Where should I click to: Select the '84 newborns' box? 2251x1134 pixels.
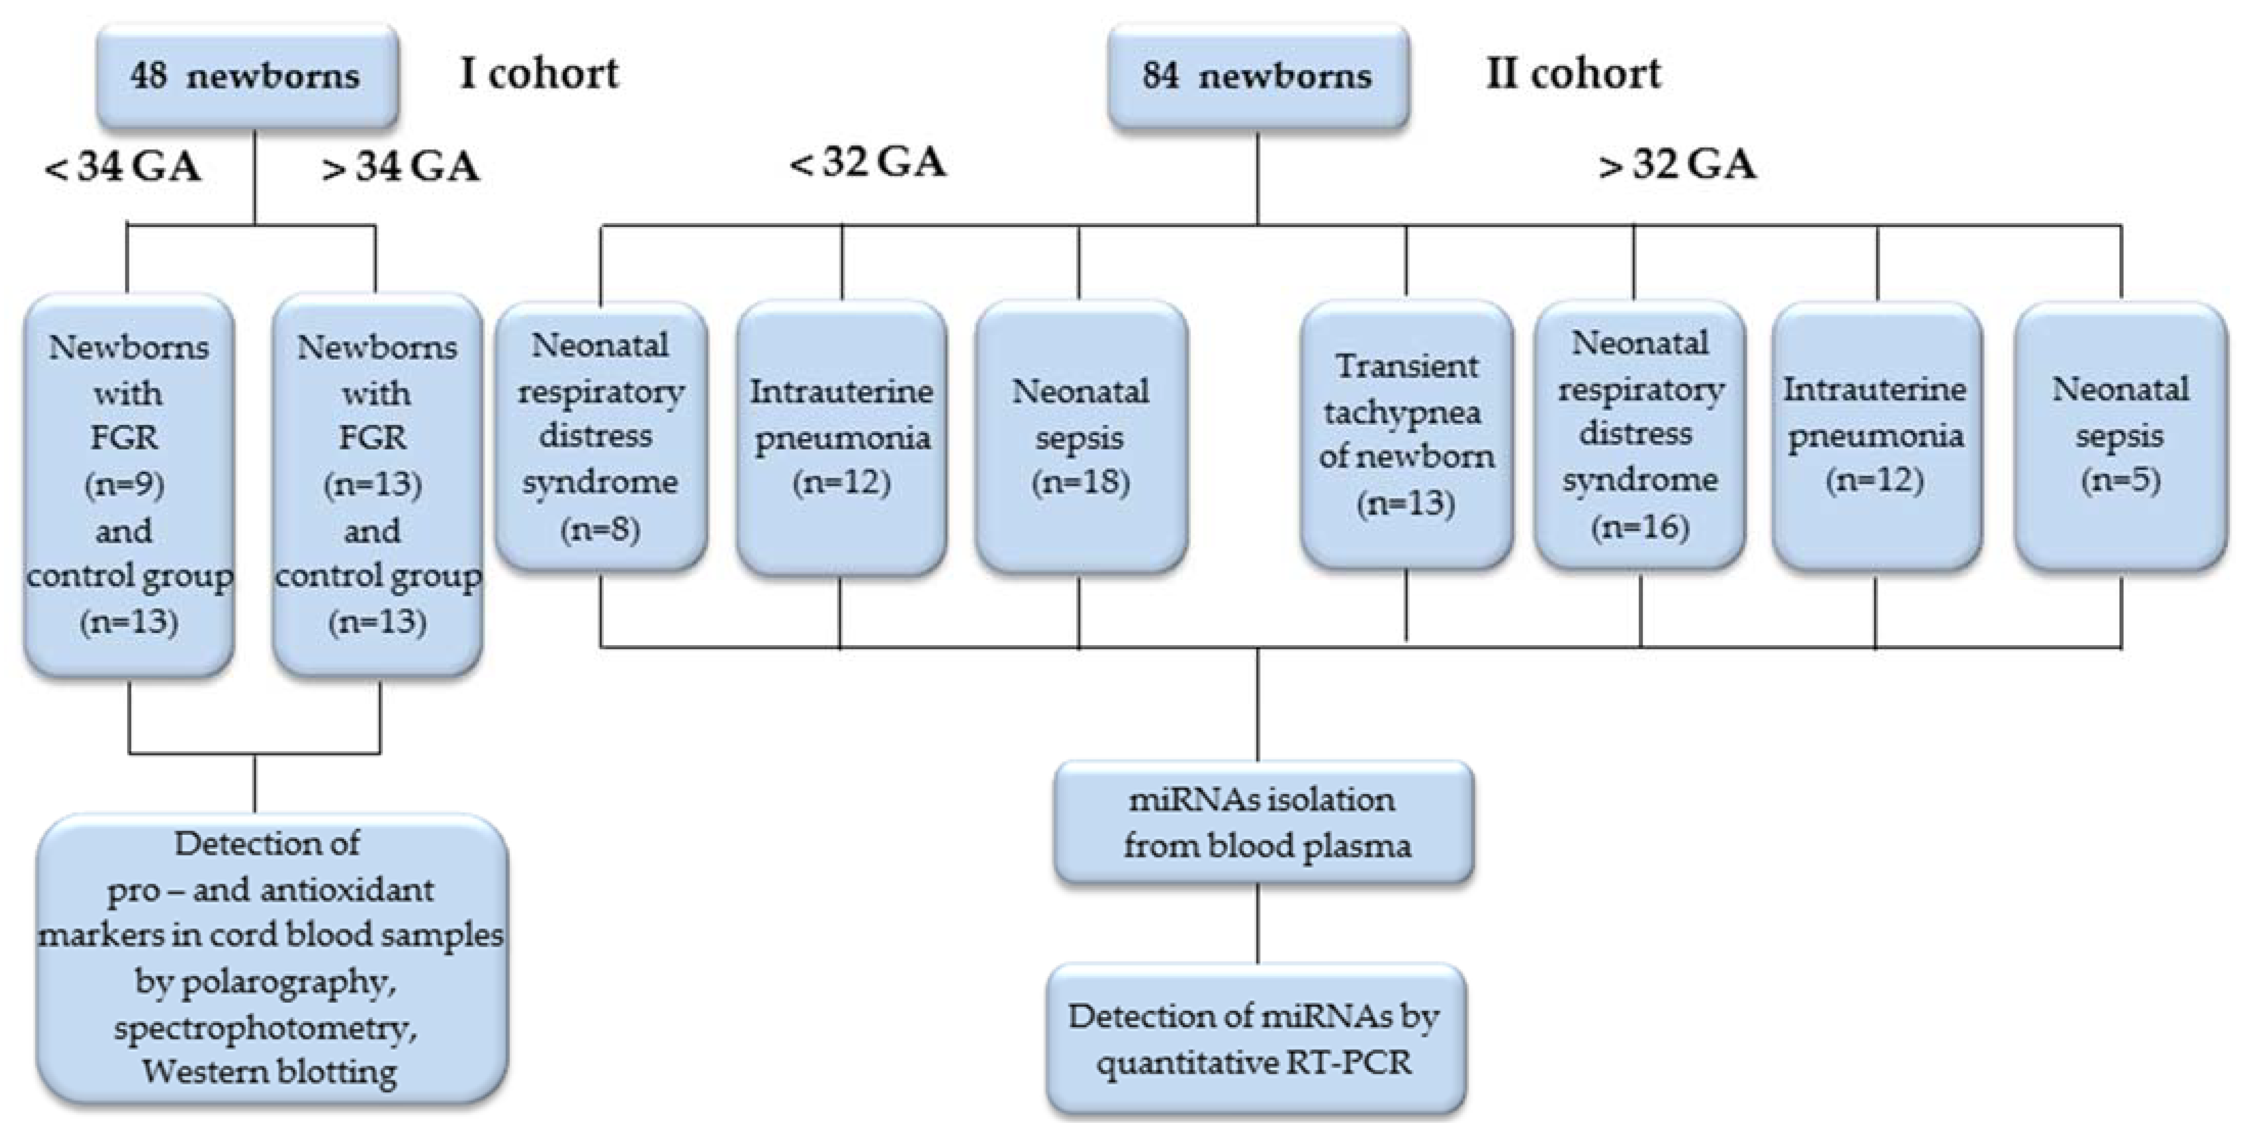click(x=1257, y=76)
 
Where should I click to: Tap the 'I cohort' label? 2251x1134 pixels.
click(x=539, y=74)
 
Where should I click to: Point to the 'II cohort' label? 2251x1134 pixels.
click(x=1573, y=74)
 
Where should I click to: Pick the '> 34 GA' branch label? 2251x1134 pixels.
click(x=400, y=167)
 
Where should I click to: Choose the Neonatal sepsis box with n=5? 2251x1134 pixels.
click(x=2120, y=437)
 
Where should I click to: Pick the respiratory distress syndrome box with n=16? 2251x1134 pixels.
click(x=1639, y=435)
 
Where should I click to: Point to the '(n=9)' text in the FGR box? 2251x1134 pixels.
click(x=125, y=484)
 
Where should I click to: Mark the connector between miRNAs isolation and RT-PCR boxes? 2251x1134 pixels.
click(x=1257, y=923)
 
